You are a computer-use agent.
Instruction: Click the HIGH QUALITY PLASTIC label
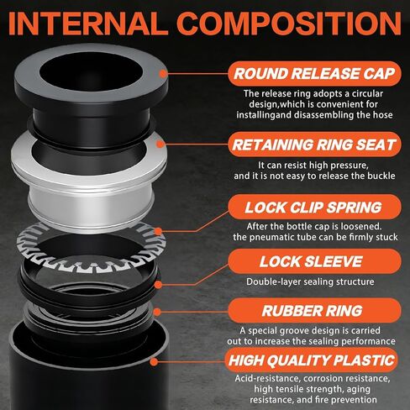coord(313,361)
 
